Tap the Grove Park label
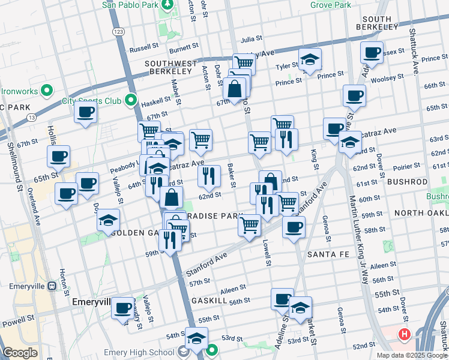[x=330, y=5]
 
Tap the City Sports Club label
[x=92, y=101]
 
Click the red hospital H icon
[x=405, y=334]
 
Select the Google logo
[x=20, y=353]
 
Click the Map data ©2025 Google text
[x=411, y=355]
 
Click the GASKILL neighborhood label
[x=209, y=300]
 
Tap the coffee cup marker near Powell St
[x=122, y=308]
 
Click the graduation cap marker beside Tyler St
[x=310, y=60]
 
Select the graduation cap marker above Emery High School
[x=196, y=338]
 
